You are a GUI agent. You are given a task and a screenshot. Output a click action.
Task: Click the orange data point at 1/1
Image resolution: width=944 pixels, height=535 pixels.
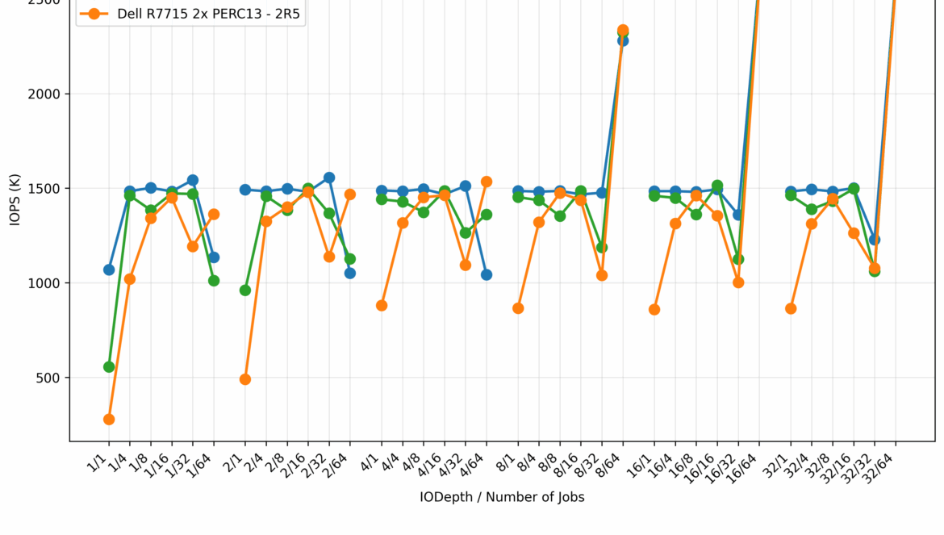click(x=109, y=420)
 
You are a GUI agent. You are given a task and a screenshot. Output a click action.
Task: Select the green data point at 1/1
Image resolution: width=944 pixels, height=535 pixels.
click(x=109, y=367)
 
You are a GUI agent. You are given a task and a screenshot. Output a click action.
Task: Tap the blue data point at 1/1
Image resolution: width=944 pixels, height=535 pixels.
click(x=109, y=270)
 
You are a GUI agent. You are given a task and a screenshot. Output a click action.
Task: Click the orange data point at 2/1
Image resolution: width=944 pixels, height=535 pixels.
click(x=245, y=379)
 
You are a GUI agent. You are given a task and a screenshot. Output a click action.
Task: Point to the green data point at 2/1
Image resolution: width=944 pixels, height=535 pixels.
click(x=245, y=290)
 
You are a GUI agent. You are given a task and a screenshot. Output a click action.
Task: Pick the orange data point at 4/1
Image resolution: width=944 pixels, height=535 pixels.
click(x=382, y=306)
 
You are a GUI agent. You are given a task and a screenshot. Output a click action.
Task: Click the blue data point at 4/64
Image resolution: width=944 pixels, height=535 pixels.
click(x=487, y=275)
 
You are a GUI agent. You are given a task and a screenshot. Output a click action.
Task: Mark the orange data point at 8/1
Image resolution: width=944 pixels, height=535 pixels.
click(x=518, y=308)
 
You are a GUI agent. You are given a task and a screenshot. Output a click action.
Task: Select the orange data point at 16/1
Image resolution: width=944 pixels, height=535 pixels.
click(x=654, y=310)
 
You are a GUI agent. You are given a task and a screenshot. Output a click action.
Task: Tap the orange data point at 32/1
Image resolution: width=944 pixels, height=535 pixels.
click(x=791, y=309)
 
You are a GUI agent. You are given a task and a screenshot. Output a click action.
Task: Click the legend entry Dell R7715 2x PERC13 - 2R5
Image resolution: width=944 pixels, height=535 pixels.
click(x=190, y=14)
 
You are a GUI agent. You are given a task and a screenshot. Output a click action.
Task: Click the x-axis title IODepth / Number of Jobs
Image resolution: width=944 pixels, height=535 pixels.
click(x=502, y=498)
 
